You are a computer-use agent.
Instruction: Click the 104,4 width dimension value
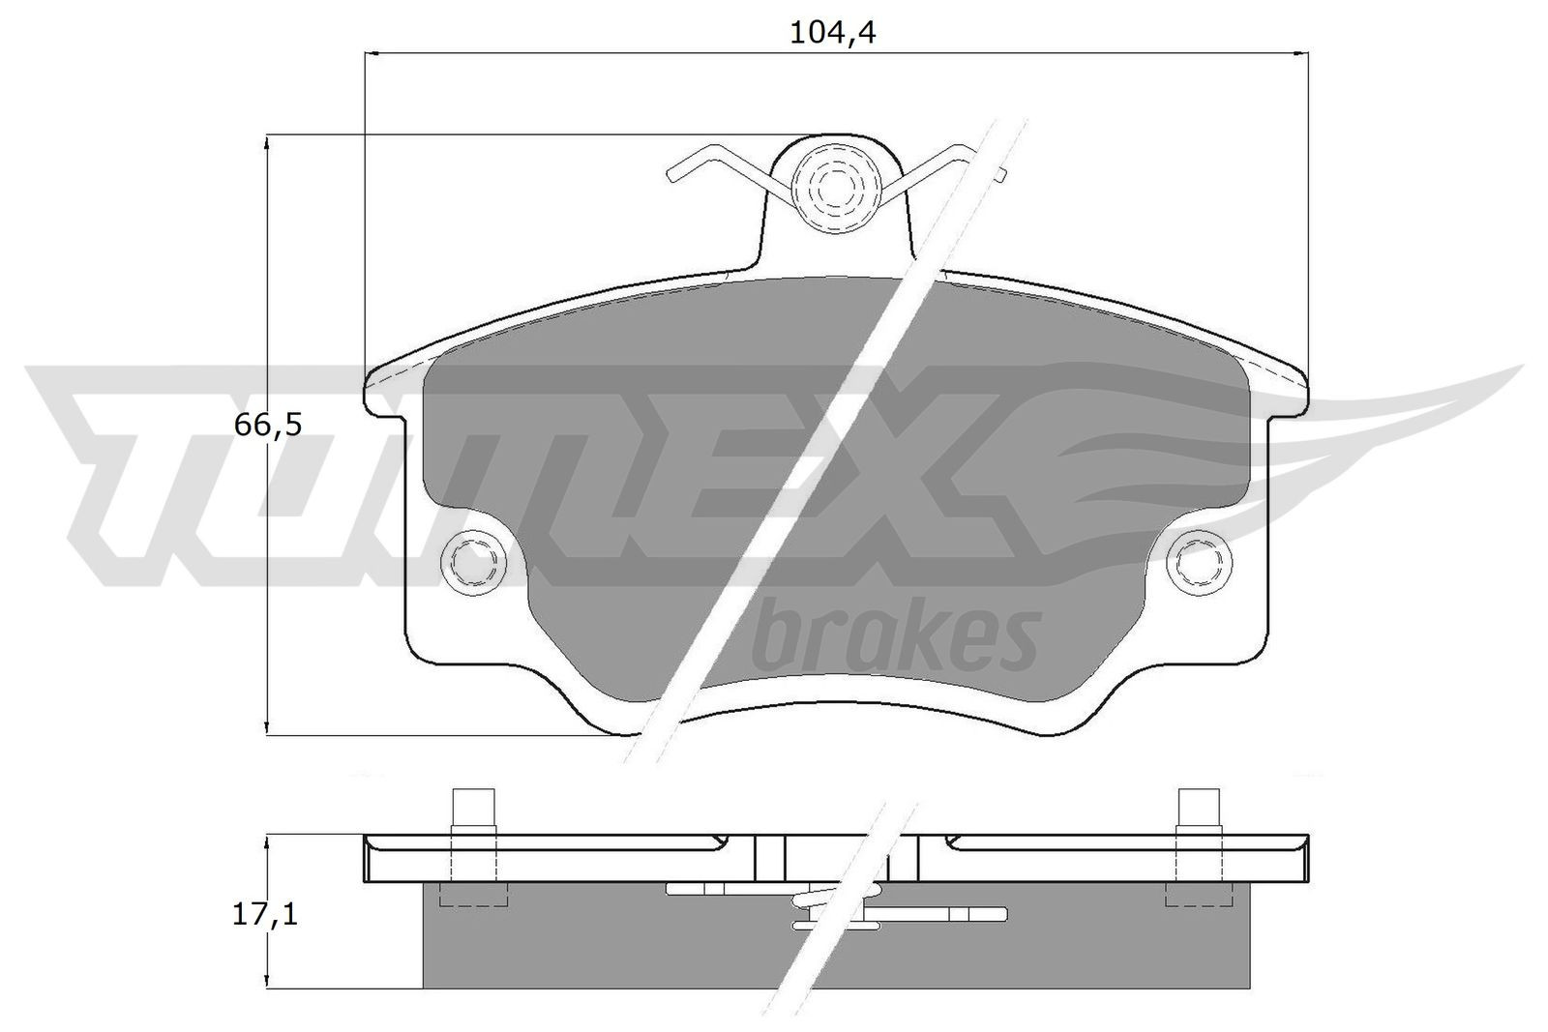[832, 33]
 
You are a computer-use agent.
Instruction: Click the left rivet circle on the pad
[473, 560]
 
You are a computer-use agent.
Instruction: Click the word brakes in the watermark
[895, 639]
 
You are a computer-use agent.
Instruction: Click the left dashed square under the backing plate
[473, 896]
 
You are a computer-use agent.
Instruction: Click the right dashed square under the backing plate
[1198, 896]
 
